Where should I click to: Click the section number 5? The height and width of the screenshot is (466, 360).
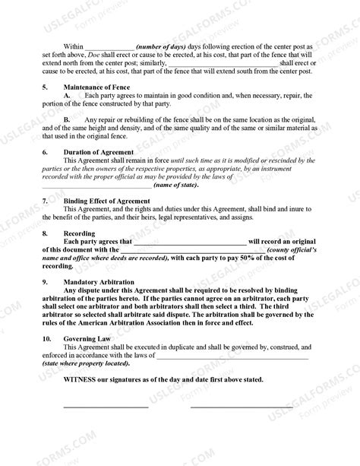pyautogui.click(x=44, y=87)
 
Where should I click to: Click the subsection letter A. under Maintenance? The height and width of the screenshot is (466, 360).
pyautogui.click(x=68, y=95)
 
